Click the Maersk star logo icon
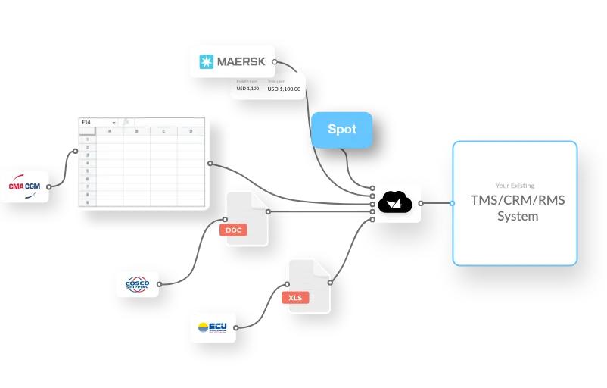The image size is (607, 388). pos(206,61)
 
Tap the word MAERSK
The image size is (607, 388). pos(240,61)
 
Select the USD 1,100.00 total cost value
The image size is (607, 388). pos(284,89)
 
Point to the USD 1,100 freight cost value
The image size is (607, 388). pos(247,89)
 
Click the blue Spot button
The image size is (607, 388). pos(342,129)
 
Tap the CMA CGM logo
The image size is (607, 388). pos(24,186)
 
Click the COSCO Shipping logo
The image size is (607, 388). pos(138,285)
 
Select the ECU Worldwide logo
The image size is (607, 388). pos(212,327)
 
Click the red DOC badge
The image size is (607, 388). pos(233,230)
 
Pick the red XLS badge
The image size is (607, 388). pos(295,298)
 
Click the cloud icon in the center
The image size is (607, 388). pos(396,202)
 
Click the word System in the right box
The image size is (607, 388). pos(517,217)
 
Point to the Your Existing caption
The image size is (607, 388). pos(515,185)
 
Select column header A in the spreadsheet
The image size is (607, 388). pos(109,131)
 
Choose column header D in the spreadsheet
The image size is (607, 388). pos(190,131)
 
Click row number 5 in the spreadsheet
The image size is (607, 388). pos(87,171)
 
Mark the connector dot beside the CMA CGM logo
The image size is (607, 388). pos(49,186)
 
